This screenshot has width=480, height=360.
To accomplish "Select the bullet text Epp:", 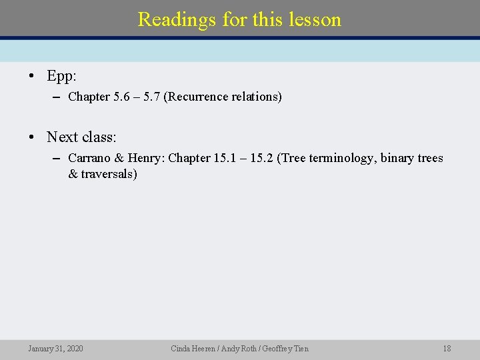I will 61,76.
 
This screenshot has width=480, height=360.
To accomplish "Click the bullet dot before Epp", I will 32,76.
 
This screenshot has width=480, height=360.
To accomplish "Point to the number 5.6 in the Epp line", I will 122,97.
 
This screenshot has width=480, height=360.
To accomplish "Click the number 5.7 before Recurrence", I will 151,97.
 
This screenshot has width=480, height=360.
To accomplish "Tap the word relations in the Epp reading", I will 257,97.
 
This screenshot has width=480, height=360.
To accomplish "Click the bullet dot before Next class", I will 32,137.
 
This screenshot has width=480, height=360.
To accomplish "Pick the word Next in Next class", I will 61,137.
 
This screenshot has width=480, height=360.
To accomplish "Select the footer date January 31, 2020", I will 56,349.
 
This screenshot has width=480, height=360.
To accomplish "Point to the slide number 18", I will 447,349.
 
